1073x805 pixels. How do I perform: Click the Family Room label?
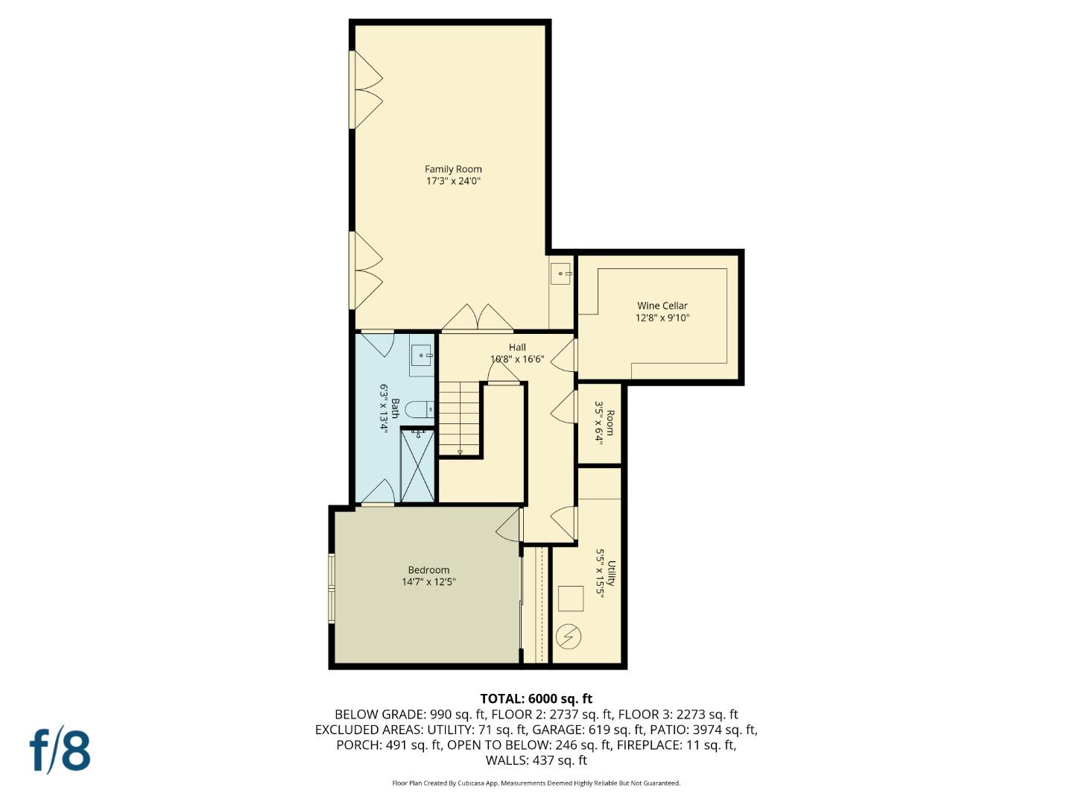pyautogui.click(x=453, y=169)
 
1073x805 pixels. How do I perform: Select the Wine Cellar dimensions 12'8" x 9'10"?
pyautogui.click(x=662, y=318)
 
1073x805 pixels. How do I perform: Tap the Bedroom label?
pyautogui.click(x=428, y=570)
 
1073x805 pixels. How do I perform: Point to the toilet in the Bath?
pyautogui.click(x=422, y=409)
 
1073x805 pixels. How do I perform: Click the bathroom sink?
pyautogui.click(x=422, y=356)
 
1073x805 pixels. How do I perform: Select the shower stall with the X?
pyautogui.click(x=417, y=466)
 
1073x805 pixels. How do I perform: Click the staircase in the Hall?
pyautogui.click(x=458, y=417)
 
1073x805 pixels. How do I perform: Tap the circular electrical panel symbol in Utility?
pyautogui.click(x=570, y=637)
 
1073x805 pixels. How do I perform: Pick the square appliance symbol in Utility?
pyautogui.click(x=571, y=599)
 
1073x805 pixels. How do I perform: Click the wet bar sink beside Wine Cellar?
pyautogui.click(x=560, y=274)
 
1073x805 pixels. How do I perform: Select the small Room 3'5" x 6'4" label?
pyautogui.click(x=604, y=423)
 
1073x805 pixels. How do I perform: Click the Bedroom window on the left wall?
pyautogui.click(x=332, y=588)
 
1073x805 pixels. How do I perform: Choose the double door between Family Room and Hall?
pyautogui.click(x=477, y=318)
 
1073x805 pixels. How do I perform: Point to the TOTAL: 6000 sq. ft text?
pyautogui.click(x=536, y=698)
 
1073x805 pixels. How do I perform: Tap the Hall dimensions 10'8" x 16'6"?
pyautogui.click(x=517, y=359)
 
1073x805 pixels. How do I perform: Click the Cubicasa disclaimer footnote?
pyautogui.click(x=536, y=783)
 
